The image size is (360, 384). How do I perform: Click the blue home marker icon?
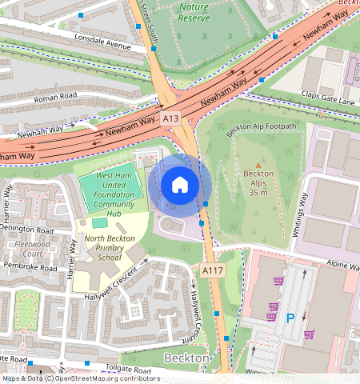[180, 186]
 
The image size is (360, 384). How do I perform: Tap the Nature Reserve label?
[193, 12]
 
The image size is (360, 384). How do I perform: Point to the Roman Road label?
[55, 101]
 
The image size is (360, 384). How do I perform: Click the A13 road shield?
[170, 118]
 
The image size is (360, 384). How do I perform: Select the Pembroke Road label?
[30, 266]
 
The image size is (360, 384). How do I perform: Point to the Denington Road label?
[29, 228]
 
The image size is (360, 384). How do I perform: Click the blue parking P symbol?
[290, 318]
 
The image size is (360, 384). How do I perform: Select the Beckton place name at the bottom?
[186, 358]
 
